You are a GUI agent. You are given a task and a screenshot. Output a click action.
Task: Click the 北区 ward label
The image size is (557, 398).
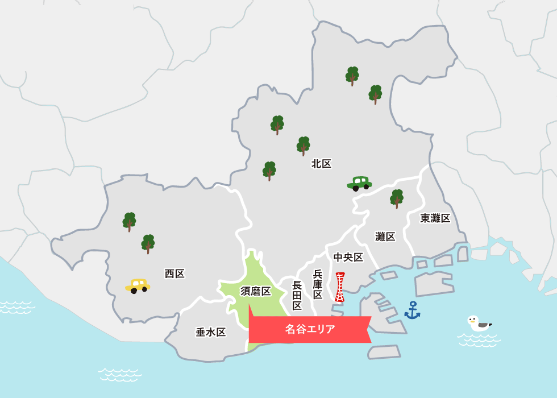(x=321, y=164)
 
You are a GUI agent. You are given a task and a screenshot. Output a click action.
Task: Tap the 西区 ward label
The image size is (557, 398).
(x=174, y=273)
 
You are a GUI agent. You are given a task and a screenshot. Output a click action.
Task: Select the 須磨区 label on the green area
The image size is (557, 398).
(x=256, y=291)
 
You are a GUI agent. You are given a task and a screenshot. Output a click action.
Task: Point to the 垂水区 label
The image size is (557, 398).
(x=211, y=332)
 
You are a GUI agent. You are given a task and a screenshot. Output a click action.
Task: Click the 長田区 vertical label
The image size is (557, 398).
(x=297, y=295)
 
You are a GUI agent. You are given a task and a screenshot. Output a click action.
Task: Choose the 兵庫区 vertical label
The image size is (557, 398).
(x=318, y=284)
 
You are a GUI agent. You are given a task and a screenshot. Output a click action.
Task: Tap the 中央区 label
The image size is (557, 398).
(x=348, y=257)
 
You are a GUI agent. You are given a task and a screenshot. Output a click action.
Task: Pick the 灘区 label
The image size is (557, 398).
(x=385, y=237)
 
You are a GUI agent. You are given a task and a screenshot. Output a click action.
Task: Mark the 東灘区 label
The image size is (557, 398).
(x=435, y=218)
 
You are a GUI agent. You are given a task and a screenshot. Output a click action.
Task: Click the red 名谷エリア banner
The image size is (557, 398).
(x=310, y=329)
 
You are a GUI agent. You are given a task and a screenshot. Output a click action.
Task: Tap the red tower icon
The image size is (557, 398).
(x=340, y=287)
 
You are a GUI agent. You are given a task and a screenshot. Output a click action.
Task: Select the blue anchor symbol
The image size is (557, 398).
(x=412, y=310)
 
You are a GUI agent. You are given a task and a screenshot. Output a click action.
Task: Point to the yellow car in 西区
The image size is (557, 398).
(x=138, y=285)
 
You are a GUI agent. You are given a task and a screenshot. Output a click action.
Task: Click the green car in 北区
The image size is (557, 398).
(x=359, y=183)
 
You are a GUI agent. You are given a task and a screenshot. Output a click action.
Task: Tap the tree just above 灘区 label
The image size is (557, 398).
(x=397, y=198)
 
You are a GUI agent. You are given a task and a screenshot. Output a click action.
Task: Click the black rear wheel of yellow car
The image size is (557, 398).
(x=134, y=291)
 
